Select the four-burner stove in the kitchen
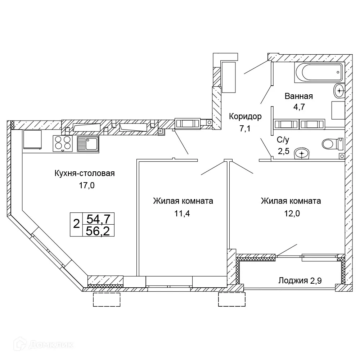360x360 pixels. [63, 143]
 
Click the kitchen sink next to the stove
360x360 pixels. [87, 143]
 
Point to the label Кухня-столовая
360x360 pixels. [84, 174]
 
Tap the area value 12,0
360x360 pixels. [291, 213]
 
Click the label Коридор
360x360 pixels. [245, 116]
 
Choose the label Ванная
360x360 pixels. [298, 96]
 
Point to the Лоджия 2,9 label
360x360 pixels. [300, 280]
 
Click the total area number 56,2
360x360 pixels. [98, 230]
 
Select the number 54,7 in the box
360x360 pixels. [98, 219]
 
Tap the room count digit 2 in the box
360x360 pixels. [76, 224]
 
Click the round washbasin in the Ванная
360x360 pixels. [339, 90]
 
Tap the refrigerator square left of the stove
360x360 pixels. [32, 139]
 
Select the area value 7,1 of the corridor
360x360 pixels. [245, 129]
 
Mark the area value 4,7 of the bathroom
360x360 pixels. [298, 107]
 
